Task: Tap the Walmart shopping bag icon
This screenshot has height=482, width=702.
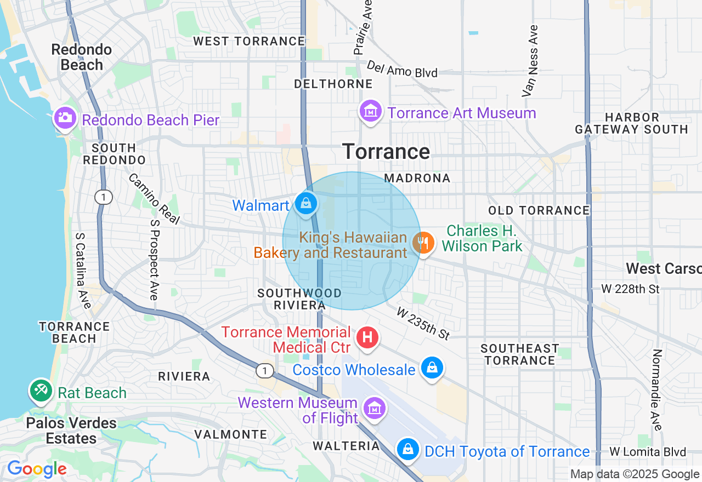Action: (306, 204)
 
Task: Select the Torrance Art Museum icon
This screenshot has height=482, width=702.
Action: (370, 111)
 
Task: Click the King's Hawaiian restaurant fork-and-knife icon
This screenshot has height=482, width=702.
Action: (423, 242)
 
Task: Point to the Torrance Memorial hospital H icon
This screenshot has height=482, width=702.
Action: (367, 337)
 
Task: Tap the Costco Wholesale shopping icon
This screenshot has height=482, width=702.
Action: (432, 367)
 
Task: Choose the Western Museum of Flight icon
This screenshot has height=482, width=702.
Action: (375, 408)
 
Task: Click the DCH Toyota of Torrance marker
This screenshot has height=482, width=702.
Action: (407, 449)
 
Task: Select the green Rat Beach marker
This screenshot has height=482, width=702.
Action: (41, 391)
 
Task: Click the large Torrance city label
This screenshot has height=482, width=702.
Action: (386, 152)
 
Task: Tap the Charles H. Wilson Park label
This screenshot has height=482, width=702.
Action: (482, 239)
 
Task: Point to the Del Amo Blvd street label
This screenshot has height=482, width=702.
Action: (402, 69)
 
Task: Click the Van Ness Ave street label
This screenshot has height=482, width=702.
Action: (530, 60)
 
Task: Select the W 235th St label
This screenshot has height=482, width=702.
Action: (423, 323)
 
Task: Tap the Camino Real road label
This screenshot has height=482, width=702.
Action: (154, 199)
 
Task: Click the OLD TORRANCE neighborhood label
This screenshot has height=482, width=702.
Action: (539, 210)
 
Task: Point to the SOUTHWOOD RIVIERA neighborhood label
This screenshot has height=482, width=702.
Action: (299, 299)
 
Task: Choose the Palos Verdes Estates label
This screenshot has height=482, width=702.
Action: (71, 431)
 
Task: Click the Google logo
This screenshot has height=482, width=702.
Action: (37, 469)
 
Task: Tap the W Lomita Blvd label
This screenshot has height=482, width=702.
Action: (648, 452)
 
